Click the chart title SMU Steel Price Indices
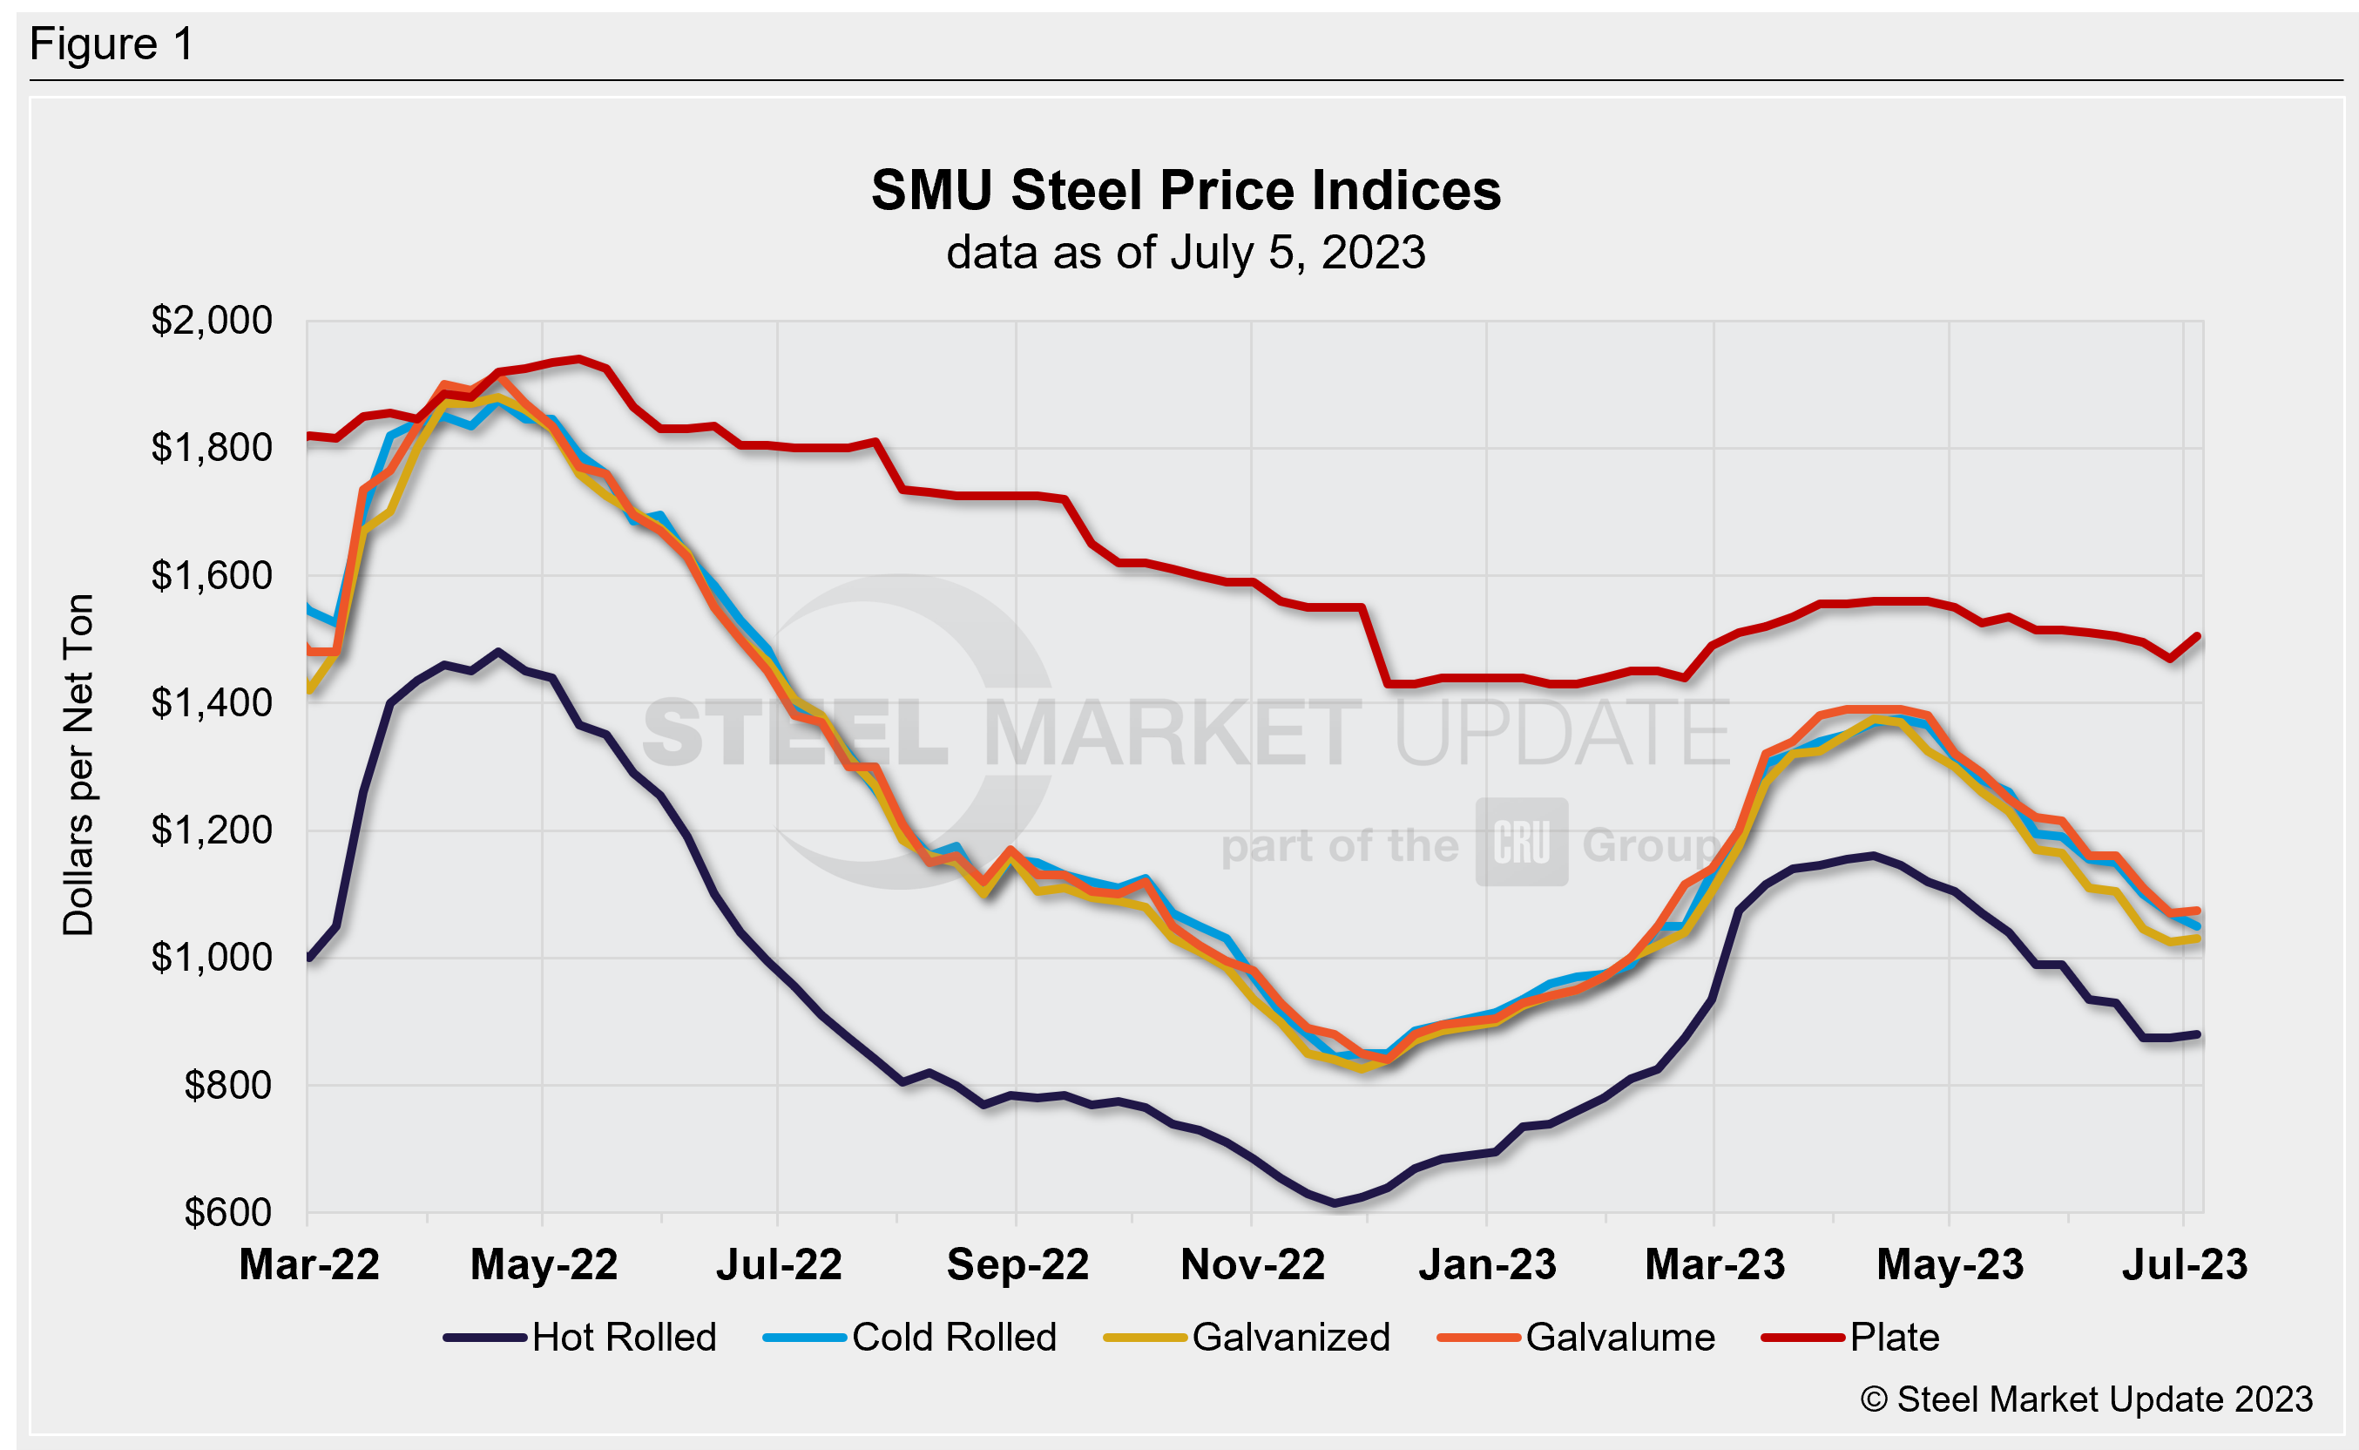1185,190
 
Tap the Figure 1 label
112,44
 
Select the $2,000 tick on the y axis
211,321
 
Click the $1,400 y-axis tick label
211,703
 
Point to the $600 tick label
228,1213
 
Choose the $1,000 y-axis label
211,957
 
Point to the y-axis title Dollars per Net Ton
78,764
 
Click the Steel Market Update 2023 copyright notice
2086,1400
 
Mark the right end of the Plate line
2197,636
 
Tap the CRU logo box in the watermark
1521,842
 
